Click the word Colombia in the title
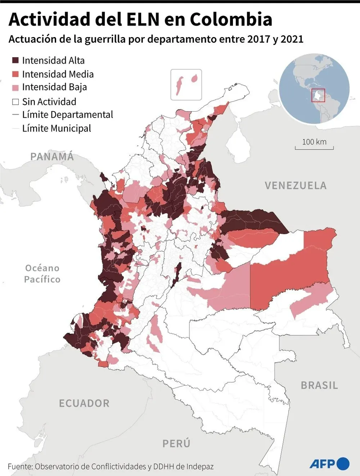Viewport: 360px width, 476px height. click(231, 19)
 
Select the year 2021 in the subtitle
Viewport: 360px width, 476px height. click(292, 39)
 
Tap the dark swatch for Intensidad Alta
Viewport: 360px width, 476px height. click(15, 60)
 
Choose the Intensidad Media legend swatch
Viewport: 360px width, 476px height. click(15, 74)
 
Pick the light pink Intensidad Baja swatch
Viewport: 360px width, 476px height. click(15, 87)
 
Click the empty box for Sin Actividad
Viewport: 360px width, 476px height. click(15, 102)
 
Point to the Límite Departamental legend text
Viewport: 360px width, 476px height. click(67, 115)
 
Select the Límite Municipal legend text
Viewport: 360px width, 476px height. click(57, 129)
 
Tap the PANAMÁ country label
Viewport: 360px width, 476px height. click(52, 157)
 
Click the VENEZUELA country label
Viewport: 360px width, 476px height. click(296, 186)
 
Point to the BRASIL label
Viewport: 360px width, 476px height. click(319, 386)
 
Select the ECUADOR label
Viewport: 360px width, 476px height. click(84, 403)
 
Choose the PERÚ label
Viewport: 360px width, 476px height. click(176, 444)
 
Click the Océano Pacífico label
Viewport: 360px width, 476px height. click(42, 274)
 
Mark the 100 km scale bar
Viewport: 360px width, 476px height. click(314, 147)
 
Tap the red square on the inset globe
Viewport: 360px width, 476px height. click(318, 95)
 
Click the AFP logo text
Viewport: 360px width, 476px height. click(323, 464)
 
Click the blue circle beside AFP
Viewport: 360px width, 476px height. click(343, 464)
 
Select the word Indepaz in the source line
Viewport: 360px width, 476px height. click(200, 467)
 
